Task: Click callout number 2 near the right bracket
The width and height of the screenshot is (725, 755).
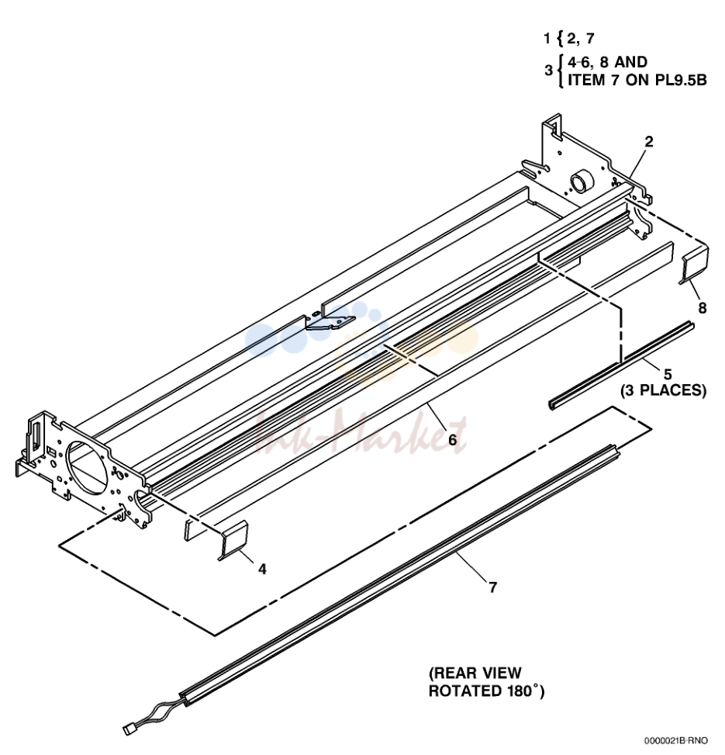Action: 649,141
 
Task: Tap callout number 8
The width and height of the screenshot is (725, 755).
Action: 702,308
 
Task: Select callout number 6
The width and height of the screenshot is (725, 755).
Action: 452,440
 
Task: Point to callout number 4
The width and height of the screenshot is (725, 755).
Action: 262,569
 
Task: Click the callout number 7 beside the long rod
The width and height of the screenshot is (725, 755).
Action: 492,587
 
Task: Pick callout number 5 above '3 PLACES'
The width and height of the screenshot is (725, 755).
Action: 668,374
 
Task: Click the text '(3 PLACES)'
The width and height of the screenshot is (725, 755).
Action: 664,390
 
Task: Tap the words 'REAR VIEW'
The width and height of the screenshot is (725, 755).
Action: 475,673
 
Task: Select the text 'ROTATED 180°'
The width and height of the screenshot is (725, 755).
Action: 486,691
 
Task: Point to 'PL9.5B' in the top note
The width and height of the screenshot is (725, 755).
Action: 682,80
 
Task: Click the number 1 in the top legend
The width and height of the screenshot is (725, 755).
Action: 547,39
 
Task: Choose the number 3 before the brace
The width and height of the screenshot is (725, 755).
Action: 549,71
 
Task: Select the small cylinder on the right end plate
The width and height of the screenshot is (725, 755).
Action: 581,182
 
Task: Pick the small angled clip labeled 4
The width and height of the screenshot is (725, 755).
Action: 233,540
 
